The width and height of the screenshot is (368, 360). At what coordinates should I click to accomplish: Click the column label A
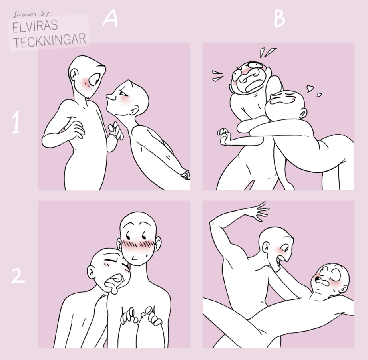pos(110,19)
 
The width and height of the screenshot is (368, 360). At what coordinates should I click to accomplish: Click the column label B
pos(279,19)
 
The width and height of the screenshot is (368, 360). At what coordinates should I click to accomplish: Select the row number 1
pos(16,123)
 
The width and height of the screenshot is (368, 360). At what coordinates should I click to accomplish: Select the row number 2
pos(18,276)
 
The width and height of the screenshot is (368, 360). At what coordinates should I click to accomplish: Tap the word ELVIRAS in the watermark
pos(35,26)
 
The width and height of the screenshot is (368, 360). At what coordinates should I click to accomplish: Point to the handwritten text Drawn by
pos(32,14)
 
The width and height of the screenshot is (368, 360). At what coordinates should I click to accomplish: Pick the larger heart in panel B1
pos(310,88)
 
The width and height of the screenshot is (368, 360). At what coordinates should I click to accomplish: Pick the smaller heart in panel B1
pos(319,95)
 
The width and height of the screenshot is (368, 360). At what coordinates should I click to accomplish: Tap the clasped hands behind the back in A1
pos(185,174)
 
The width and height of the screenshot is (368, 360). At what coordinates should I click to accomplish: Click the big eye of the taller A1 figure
pos(95,79)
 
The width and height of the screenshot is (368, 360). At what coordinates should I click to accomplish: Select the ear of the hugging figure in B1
pos(302,114)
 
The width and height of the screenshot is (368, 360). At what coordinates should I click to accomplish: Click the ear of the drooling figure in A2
pos(91,272)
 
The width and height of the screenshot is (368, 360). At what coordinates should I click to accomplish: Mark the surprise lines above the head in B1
pos(268,53)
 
